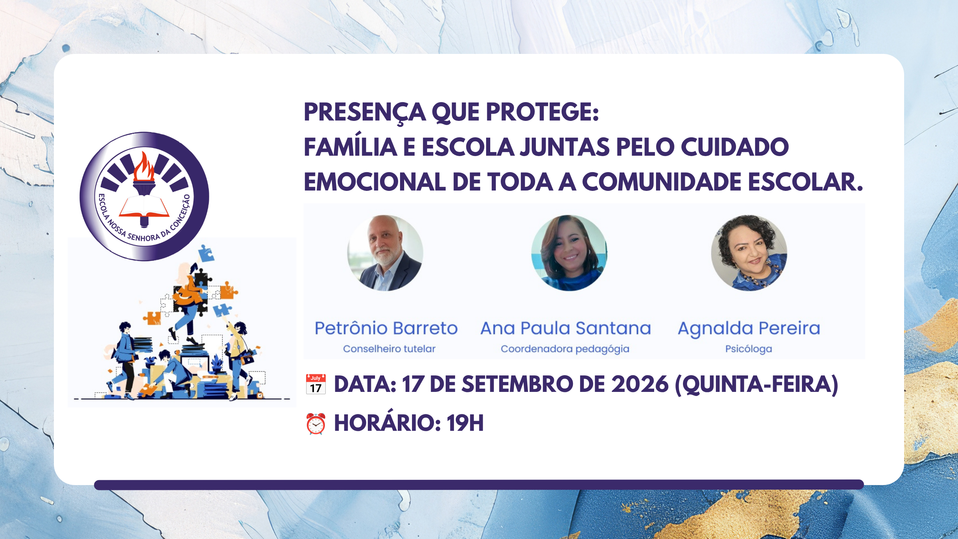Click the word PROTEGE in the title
542,112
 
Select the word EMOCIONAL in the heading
374,182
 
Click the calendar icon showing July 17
316,384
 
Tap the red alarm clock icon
316,424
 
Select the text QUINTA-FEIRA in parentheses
756,385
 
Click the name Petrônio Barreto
386,328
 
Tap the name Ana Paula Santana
566,328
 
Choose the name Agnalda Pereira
749,329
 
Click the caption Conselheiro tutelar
389,349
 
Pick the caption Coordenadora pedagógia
565,349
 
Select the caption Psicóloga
749,349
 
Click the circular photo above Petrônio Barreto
385,253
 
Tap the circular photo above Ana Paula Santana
569,253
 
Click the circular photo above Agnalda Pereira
749,253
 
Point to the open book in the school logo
144,207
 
